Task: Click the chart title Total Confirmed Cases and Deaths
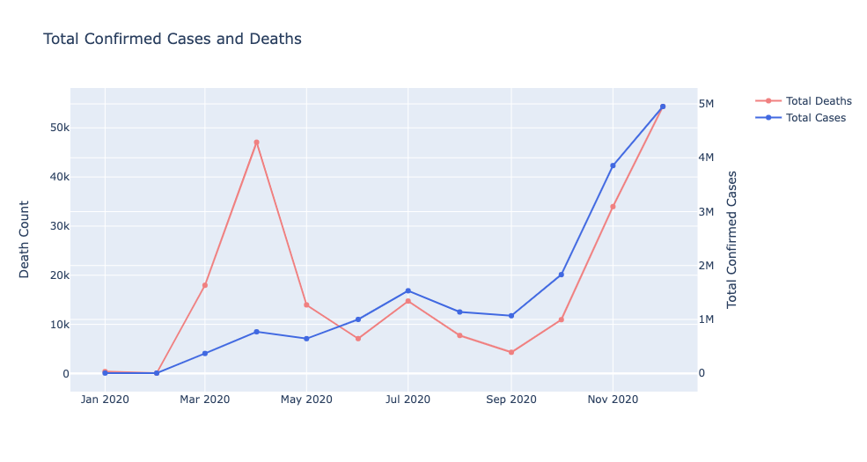coord(173,39)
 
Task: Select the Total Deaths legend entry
coord(818,101)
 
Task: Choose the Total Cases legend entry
coord(815,118)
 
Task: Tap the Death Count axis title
coord(25,239)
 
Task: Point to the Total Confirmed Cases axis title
coord(731,239)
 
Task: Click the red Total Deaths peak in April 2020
coord(256,143)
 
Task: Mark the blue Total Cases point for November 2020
coord(613,165)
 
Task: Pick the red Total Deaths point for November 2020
coord(613,207)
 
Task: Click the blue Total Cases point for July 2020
coord(408,290)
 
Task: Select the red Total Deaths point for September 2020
coord(511,352)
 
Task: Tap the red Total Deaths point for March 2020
coord(205,285)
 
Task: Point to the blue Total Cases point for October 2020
coord(561,275)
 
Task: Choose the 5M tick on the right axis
coord(713,104)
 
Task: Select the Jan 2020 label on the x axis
coord(105,400)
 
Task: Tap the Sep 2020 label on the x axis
coord(511,400)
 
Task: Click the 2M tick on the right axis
coord(713,266)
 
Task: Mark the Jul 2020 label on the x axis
coord(408,400)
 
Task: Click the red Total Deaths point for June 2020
coord(357,339)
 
